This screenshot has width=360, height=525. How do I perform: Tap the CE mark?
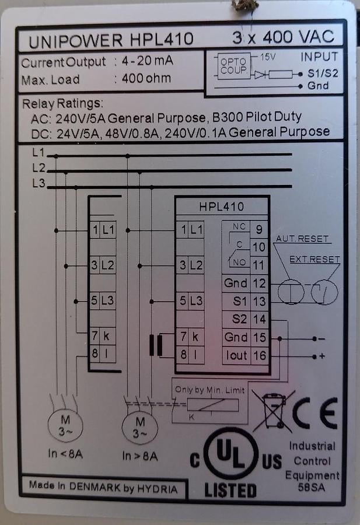coord(314,413)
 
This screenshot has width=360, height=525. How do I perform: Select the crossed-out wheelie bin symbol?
coord(273,411)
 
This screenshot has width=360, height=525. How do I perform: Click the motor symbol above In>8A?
coord(139,426)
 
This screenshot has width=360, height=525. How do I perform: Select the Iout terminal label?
coord(236,355)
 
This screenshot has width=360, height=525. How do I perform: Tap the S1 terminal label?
coord(236,301)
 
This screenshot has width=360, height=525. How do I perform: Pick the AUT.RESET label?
coord(302,239)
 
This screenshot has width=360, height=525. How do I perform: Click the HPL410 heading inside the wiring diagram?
coord(221,206)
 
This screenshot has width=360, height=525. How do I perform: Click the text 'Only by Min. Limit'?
coord(210,390)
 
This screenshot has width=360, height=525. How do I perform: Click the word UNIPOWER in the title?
coord(76,40)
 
